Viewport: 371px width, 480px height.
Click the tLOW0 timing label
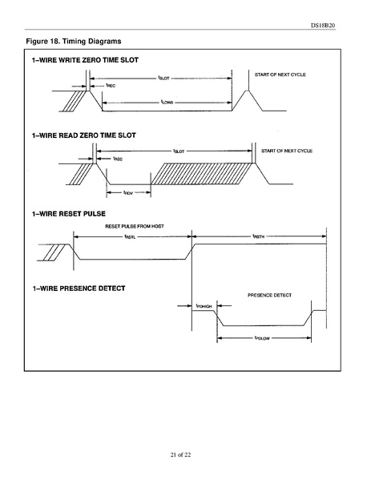[167, 102]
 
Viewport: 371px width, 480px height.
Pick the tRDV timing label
[128, 192]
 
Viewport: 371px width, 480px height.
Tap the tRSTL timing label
[130, 236]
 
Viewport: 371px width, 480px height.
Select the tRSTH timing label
[258, 236]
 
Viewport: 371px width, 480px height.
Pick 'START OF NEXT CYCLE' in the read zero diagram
[286, 151]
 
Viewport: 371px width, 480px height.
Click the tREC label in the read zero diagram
[117, 159]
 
